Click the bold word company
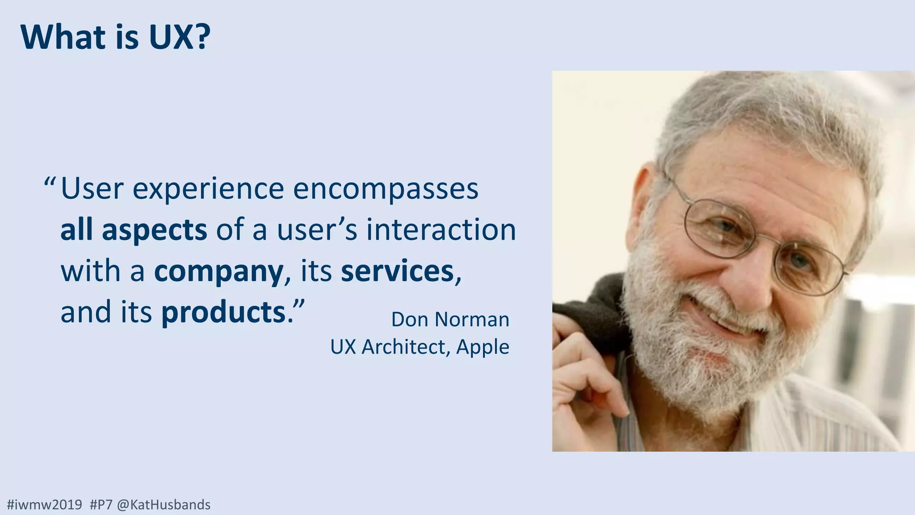click(218, 271)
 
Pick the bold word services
click(397, 271)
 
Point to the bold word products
click(223, 312)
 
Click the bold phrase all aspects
click(134, 230)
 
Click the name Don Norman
click(450, 320)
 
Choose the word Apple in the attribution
click(483, 347)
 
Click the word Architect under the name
click(404, 347)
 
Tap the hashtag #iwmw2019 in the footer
click(45, 505)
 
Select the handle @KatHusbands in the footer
click(164, 505)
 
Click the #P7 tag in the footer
click(101, 505)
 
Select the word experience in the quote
click(208, 189)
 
